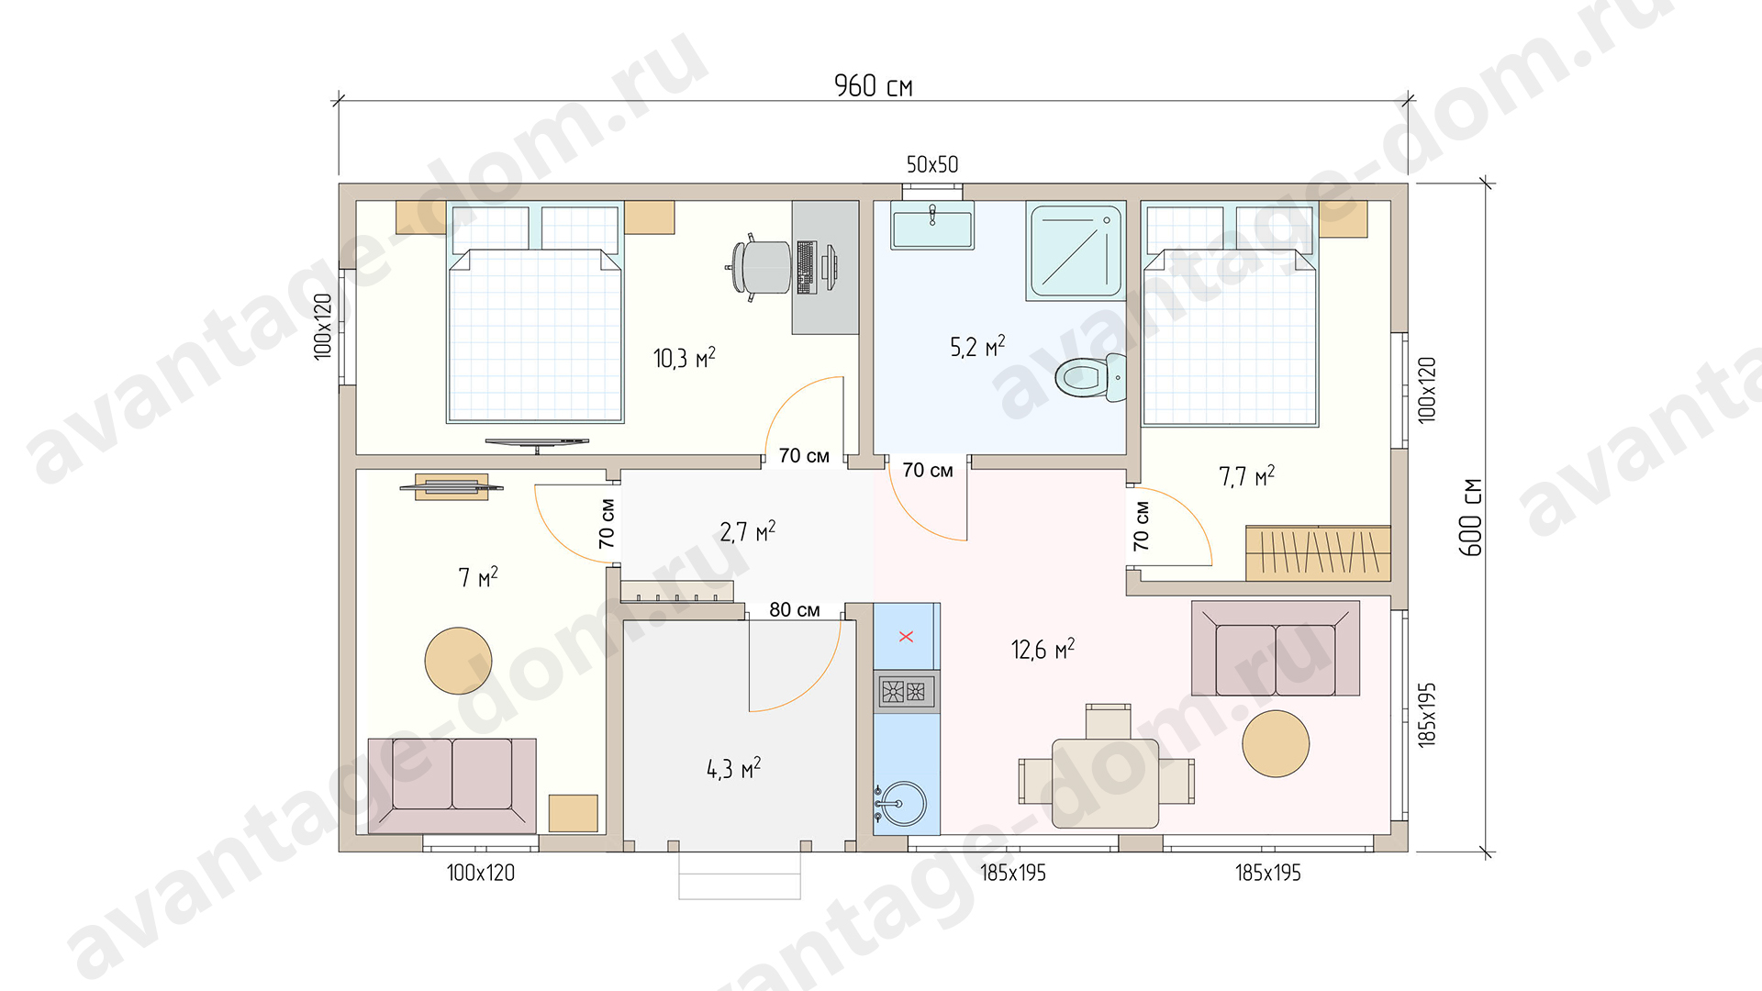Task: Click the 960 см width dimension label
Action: [873, 85]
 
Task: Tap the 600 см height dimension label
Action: [1471, 517]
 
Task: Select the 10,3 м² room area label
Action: [685, 358]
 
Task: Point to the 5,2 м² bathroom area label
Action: [977, 347]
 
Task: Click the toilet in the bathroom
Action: [1091, 377]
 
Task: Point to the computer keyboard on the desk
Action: [807, 267]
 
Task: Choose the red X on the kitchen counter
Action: [906, 636]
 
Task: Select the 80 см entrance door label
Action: [795, 610]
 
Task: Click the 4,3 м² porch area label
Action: [734, 769]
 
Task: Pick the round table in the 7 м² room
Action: [458, 661]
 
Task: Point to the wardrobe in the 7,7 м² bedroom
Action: [1318, 553]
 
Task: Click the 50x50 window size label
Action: [932, 165]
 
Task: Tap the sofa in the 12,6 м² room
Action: [1276, 649]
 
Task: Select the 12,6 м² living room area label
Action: [1043, 650]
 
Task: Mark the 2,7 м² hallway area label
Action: [748, 532]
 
